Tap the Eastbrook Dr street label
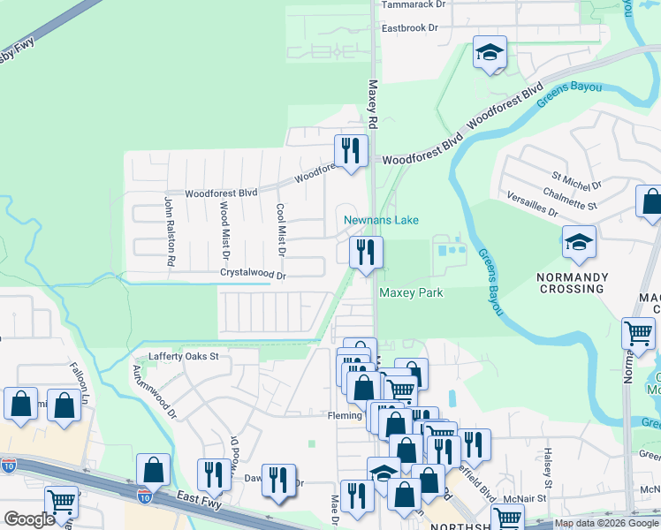(409, 28)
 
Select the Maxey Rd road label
(373, 104)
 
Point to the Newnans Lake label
(381, 220)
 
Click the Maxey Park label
(411, 292)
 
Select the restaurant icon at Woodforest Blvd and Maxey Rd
(351, 151)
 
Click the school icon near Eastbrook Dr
(489, 53)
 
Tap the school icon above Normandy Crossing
(579, 243)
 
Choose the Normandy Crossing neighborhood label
(573, 284)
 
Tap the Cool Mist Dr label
(281, 230)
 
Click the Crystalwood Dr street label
(254, 276)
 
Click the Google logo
(29, 519)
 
